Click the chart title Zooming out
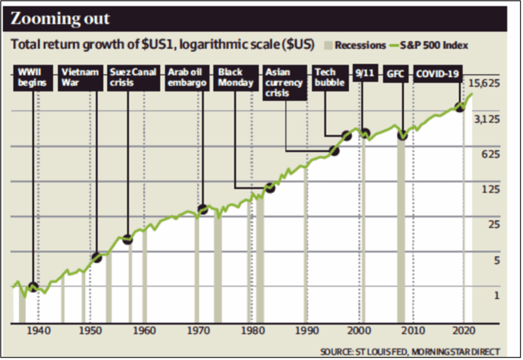(x=60, y=19)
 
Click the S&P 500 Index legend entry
(x=429, y=45)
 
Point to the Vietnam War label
(x=80, y=77)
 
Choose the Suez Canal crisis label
(x=133, y=77)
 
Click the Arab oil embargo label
(x=187, y=77)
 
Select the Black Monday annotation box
(x=235, y=77)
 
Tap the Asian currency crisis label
(x=284, y=82)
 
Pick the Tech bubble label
(x=330, y=77)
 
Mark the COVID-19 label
(x=438, y=75)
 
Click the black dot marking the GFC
(x=402, y=135)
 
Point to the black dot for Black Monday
(x=270, y=187)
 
